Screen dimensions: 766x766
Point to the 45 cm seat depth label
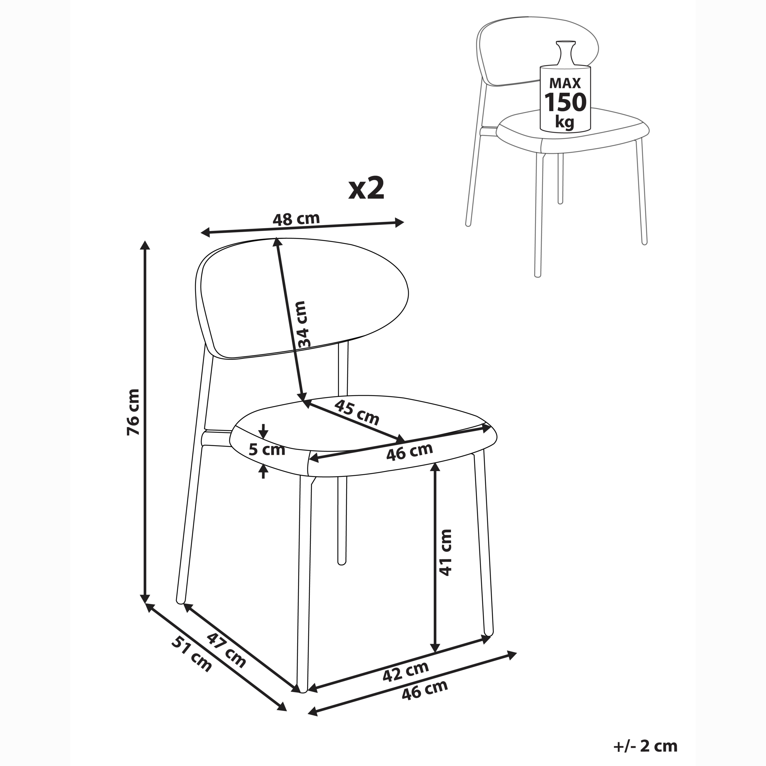[x=356, y=412]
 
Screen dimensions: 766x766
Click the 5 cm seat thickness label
[x=267, y=450]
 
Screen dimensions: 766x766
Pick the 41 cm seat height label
[x=445, y=552]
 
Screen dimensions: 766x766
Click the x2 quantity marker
[x=366, y=189]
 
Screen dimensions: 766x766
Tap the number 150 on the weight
[x=565, y=103]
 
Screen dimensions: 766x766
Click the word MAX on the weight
[x=565, y=83]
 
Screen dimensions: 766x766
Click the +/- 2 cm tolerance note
[x=645, y=746]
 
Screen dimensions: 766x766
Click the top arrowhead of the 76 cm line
[x=145, y=245]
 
